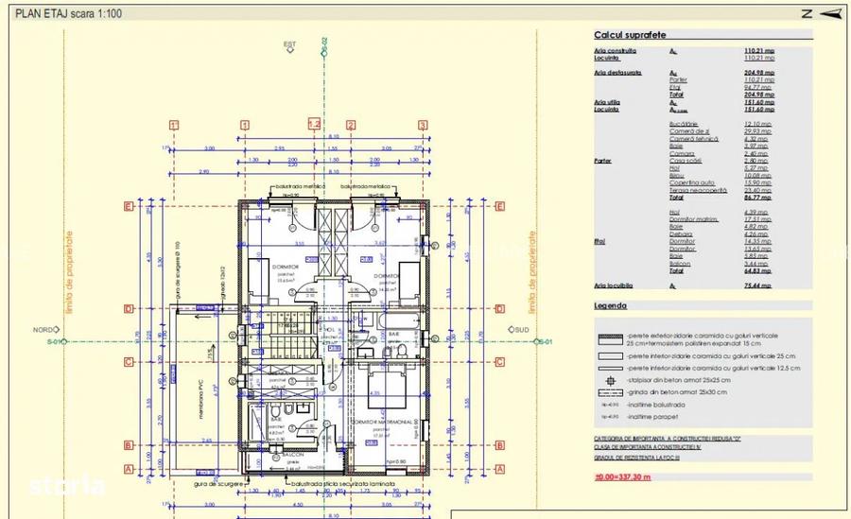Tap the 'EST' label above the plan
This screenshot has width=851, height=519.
(289, 44)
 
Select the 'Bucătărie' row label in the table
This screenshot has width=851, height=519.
(683, 124)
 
